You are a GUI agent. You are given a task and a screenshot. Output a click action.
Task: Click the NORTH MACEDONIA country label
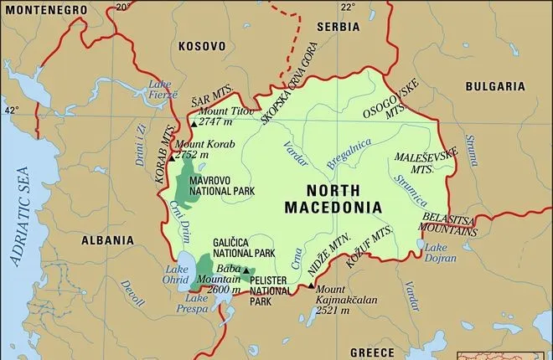(x=333, y=198)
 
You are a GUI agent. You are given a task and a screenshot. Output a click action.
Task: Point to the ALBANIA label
(x=107, y=239)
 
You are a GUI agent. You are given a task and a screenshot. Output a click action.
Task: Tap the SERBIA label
(x=338, y=27)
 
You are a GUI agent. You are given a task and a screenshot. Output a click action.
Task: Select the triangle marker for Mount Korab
(x=172, y=157)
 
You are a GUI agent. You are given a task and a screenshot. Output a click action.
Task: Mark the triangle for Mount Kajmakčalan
(x=312, y=286)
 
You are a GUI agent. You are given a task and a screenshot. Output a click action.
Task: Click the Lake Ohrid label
(x=177, y=274)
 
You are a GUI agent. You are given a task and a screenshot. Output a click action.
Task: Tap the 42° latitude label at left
(x=11, y=110)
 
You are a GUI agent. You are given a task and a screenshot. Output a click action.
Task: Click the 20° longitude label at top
(x=123, y=7)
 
